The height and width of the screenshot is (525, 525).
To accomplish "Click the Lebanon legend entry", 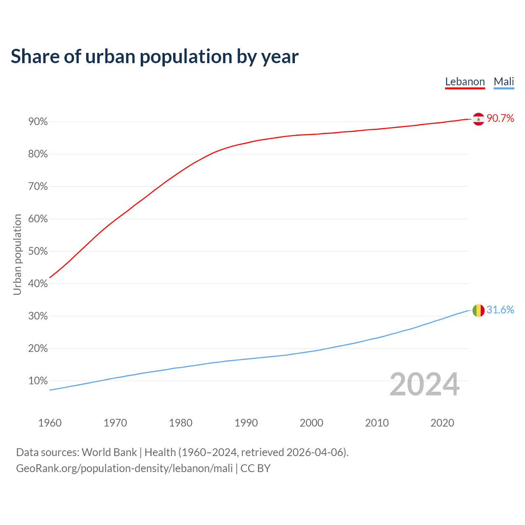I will [x=465, y=82].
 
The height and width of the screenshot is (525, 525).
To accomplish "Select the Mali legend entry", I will [x=504, y=82].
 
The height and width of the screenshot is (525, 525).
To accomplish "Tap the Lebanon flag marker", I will [x=479, y=119].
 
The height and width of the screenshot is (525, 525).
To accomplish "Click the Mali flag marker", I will [x=479, y=310].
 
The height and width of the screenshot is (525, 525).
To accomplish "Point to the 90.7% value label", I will [x=500, y=119].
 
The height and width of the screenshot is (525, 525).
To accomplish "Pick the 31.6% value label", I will [x=500, y=310].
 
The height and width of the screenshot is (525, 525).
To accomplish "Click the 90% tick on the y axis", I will [x=38, y=122].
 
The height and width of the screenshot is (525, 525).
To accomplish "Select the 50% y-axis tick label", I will [x=38, y=251].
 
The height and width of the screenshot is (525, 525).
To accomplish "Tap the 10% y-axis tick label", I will [x=38, y=381].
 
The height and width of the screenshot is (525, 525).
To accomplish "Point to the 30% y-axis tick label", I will [x=38, y=316].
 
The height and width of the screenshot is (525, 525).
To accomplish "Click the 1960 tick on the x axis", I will [x=50, y=423].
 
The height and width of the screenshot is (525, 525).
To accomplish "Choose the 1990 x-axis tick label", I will [x=246, y=423].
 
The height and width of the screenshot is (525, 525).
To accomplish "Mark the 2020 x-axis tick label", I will [x=442, y=423].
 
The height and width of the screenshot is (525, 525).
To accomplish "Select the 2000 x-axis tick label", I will [x=311, y=423].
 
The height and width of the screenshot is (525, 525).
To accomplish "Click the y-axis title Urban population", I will [x=17, y=255].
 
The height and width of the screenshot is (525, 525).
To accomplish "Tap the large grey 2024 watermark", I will [x=425, y=384].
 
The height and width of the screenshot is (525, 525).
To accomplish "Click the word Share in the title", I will [x=34, y=57].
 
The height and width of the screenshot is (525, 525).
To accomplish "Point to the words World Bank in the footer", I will [x=109, y=452].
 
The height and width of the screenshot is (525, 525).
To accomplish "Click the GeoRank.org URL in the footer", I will [x=124, y=468].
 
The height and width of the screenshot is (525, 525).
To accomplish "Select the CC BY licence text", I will [x=256, y=468].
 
